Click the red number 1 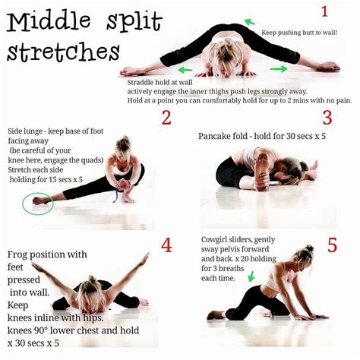(324, 11)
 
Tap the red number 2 (166, 118)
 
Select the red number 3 (327, 118)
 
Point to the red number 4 (166, 245)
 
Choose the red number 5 (332, 245)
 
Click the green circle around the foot (37, 202)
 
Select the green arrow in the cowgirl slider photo (250, 278)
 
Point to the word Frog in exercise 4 (20, 255)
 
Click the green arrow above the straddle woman (249, 22)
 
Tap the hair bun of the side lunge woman (122, 142)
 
